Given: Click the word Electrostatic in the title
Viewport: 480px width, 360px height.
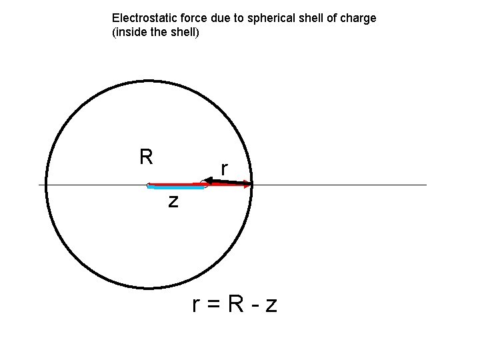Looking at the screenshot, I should [141, 18].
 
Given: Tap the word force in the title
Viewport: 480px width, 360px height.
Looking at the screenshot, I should [187, 18].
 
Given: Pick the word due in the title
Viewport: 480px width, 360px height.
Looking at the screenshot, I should [214, 18].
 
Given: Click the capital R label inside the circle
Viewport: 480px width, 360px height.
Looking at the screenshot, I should [146, 157].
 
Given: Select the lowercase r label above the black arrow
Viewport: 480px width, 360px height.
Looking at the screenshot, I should [225, 170].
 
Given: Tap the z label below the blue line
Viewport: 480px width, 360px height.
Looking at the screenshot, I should [173, 200].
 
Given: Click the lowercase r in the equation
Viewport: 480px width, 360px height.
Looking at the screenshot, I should [196, 305].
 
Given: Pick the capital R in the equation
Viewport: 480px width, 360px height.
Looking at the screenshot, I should [235, 304].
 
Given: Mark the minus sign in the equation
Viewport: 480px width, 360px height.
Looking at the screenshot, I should [254, 306].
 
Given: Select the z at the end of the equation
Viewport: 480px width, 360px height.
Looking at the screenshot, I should [271, 306].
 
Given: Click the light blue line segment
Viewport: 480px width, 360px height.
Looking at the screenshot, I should [176, 189].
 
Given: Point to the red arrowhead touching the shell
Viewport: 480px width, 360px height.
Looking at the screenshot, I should [248, 185].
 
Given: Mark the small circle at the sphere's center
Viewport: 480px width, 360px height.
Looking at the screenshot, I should [149, 185].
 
